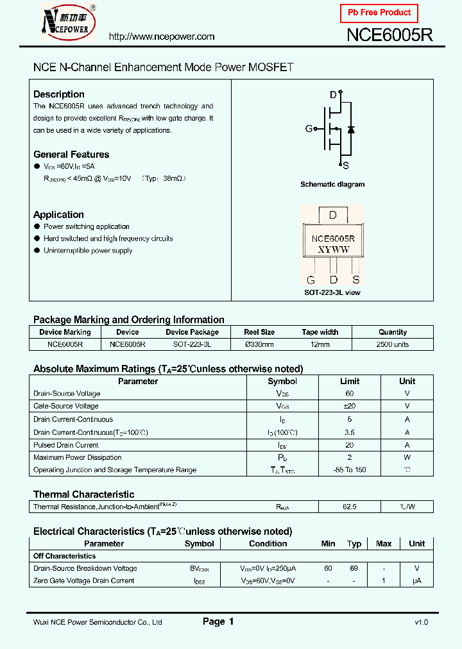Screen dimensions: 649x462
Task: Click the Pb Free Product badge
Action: coord(379,13)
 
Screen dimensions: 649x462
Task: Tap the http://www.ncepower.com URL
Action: coord(161,37)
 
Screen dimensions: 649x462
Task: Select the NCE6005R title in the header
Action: coord(389,35)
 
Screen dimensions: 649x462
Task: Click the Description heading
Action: coord(58,94)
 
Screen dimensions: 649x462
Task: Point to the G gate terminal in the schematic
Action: coord(309,128)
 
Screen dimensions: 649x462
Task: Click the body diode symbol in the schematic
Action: coord(350,130)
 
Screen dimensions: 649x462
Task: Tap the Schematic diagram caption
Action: coord(332,184)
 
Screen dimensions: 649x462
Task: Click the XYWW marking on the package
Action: coord(333,249)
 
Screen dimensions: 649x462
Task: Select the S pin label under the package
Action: coord(355,280)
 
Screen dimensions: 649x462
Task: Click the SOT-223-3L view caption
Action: coord(332,292)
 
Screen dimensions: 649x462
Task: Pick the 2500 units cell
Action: coord(392,344)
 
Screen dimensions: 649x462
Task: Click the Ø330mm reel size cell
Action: coord(259,344)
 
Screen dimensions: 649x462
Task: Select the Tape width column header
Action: coord(320,332)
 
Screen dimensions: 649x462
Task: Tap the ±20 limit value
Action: coord(350,406)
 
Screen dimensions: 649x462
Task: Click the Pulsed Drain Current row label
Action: coord(66,444)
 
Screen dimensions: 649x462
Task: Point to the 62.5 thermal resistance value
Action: coord(350,507)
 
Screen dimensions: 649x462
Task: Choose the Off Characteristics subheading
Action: coord(64,556)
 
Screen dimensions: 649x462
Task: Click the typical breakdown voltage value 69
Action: coord(354,568)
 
